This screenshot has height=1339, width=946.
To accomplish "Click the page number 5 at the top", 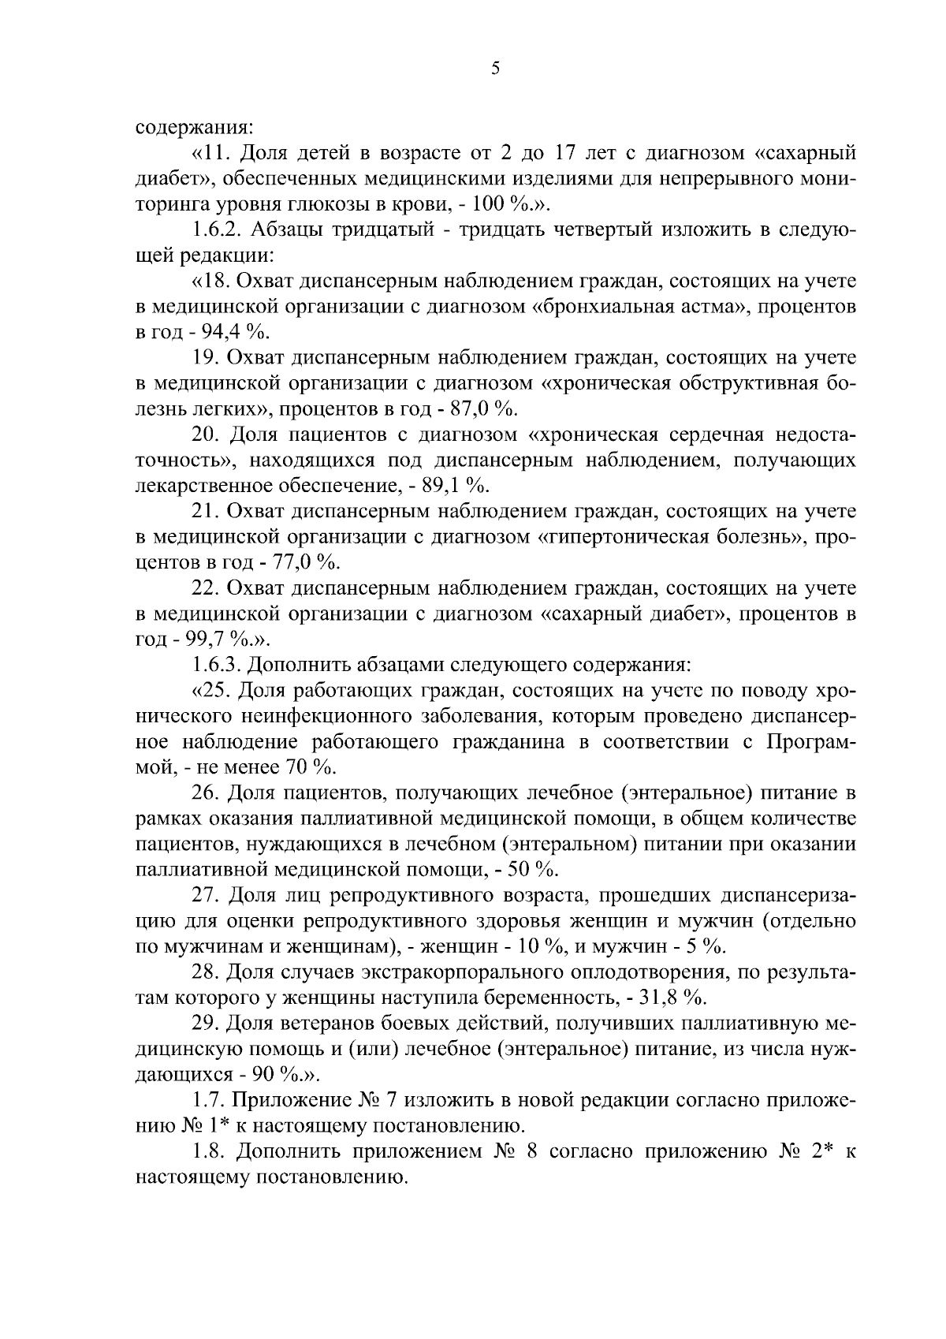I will point(495,69).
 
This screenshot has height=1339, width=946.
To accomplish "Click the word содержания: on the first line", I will point(194,127).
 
